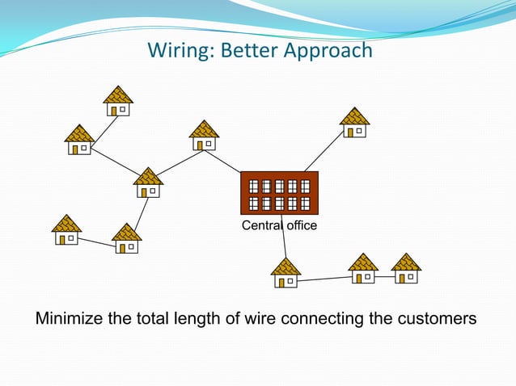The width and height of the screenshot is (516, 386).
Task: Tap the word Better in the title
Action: [x=245, y=50]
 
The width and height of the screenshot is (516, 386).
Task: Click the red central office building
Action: [x=279, y=193]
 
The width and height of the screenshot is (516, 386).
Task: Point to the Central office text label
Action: [x=279, y=225]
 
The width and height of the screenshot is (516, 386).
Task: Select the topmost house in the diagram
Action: [x=118, y=101]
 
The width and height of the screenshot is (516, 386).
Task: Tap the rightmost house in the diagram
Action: [x=406, y=269]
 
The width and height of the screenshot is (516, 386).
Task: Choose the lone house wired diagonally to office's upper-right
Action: [x=354, y=123]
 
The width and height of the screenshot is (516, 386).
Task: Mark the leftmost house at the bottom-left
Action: [x=66, y=230]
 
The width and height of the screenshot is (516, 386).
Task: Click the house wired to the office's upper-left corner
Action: [x=204, y=136]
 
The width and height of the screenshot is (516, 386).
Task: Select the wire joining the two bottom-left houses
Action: [x=95, y=241]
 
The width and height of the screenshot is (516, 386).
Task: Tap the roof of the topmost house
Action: [x=118, y=94]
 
